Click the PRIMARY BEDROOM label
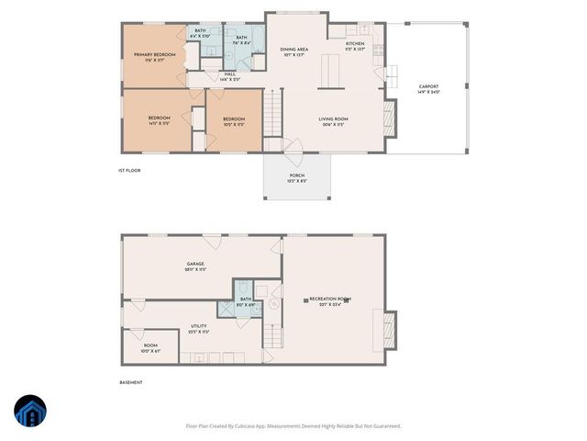click(x=154, y=56)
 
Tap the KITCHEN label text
click(x=355, y=44)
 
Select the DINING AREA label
click(x=293, y=50)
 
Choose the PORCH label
click(x=296, y=175)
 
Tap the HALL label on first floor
click(x=230, y=75)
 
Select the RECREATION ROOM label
click(x=330, y=300)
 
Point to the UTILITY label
click(x=198, y=326)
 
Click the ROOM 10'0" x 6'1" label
click(x=150, y=345)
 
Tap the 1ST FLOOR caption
click(x=128, y=170)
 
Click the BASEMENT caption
click(x=131, y=382)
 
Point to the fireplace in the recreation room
click(x=389, y=330)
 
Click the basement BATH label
click(x=246, y=300)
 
